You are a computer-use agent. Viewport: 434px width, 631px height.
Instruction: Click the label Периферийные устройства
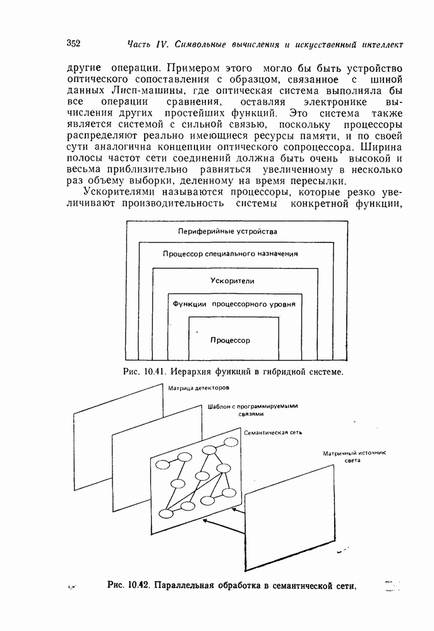click(x=227, y=231)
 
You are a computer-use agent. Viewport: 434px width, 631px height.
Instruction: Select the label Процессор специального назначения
click(x=230, y=254)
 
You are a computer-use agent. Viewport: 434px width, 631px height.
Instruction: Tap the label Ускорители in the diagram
click(x=228, y=280)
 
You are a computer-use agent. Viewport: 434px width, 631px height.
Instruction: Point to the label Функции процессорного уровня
click(x=234, y=304)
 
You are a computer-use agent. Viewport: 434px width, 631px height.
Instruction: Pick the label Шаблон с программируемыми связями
click(x=252, y=410)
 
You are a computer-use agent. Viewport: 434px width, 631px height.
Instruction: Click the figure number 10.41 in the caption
click(x=154, y=372)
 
